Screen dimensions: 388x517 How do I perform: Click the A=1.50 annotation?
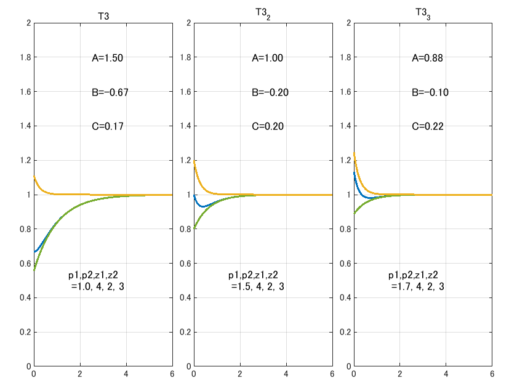pyautogui.click(x=108, y=59)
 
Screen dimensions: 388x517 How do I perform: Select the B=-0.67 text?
pyautogui.click(x=110, y=93)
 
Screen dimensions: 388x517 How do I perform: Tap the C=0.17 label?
pyautogui.click(x=108, y=127)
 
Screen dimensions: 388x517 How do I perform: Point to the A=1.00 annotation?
pyautogui.click(x=268, y=59)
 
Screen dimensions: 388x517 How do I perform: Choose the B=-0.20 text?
pyautogui.click(x=270, y=93)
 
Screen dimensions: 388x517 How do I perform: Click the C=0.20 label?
pyautogui.click(x=268, y=127)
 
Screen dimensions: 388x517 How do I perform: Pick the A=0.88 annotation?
pyautogui.click(x=428, y=59)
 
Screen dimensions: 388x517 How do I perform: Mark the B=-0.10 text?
pyautogui.click(x=430, y=93)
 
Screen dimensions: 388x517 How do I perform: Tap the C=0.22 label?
pyautogui.click(x=428, y=127)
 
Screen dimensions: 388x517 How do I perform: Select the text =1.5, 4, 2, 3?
pyautogui.click(x=258, y=286)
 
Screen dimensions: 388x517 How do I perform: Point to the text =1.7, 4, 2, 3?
pyautogui.click(x=418, y=286)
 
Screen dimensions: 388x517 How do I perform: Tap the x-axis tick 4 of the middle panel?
pyautogui.click(x=286, y=373)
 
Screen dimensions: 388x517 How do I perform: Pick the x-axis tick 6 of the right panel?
pyautogui.click(x=492, y=373)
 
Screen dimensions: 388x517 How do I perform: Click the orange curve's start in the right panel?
pyautogui.click(x=354, y=153)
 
